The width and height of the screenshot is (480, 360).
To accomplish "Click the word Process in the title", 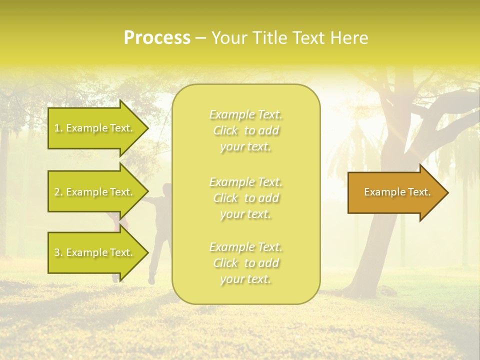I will pos(157,38).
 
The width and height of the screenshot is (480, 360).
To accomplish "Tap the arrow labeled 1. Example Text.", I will pos(95,128).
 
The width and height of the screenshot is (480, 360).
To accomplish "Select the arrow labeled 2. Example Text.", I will pos(95,192).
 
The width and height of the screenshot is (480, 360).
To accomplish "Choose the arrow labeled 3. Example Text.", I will pos(95,252).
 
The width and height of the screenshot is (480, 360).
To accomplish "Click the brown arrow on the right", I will pos(395,192).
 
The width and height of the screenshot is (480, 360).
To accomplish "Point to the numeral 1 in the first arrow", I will pos(56,128).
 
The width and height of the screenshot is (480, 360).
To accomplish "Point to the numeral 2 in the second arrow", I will pos(57,192).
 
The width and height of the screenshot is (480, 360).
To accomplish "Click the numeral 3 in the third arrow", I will pos(57,252).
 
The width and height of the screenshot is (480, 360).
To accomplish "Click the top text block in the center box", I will pos(246,130).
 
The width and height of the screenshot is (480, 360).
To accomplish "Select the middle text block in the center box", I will pos(246,198).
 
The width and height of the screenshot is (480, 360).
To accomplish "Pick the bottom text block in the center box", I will pos(246,263).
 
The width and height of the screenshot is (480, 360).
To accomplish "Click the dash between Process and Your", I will pos(200,38).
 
